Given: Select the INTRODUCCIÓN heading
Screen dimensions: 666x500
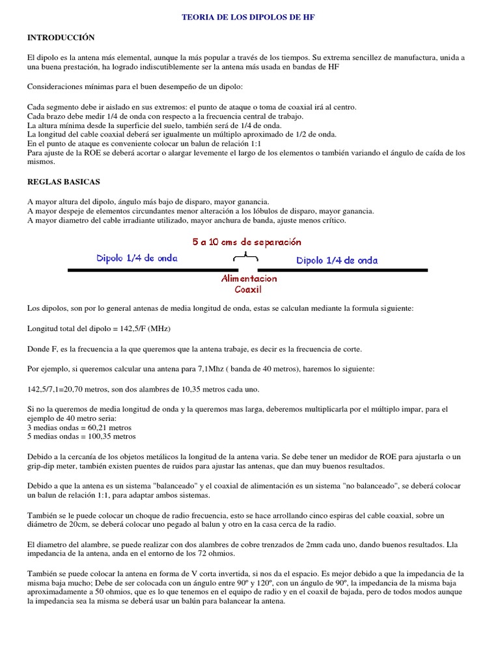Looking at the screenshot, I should point(61,38).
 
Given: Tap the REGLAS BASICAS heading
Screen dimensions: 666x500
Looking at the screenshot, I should point(63,182).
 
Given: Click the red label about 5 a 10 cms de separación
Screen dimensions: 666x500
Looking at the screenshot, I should point(247,242).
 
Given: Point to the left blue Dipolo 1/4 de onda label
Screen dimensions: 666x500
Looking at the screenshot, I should point(137,258).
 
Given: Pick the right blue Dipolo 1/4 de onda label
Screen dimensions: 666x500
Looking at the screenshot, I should point(337,260).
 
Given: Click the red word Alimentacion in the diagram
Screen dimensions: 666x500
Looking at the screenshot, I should point(249,278).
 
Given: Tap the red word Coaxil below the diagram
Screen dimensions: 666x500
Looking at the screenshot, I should point(248,289).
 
